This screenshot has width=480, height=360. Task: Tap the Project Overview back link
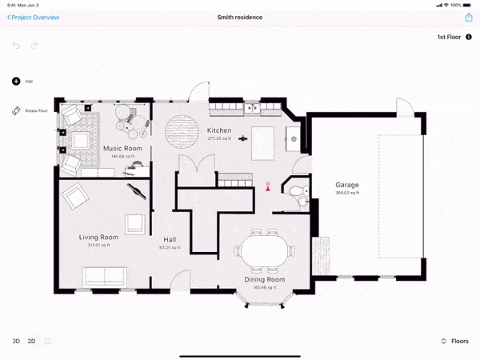tap(34, 17)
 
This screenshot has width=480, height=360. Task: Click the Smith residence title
tap(240, 17)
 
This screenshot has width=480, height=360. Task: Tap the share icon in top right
tap(468, 17)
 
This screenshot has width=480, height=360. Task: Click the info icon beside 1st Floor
tap(469, 37)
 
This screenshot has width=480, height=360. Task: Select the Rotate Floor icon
tap(16, 110)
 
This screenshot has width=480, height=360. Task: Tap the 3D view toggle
tap(16, 341)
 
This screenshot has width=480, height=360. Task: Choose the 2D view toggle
tap(32, 341)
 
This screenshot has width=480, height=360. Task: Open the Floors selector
tap(455, 341)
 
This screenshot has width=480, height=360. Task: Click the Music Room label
tap(122, 149)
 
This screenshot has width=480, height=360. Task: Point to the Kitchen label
tap(219, 130)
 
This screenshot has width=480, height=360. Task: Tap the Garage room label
tap(347, 185)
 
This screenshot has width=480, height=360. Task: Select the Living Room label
tap(98, 238)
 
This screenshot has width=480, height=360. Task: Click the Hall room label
tap(170, 239)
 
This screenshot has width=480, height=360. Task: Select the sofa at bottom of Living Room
tap(104, 277)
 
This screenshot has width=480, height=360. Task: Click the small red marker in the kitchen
tap(268, 190)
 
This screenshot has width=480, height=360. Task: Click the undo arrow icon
tap(16, 46)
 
